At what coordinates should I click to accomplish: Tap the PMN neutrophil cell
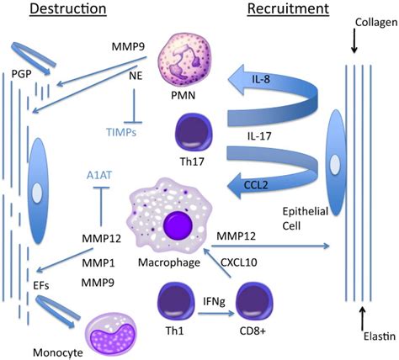coord(194,64)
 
